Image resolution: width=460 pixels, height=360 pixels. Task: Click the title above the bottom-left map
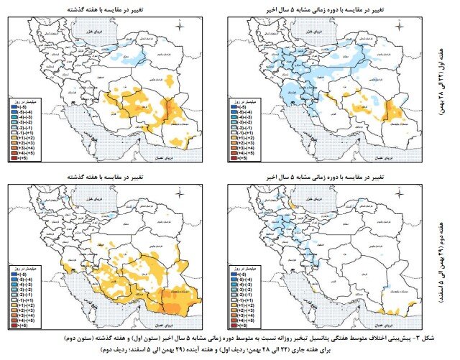(107, 175)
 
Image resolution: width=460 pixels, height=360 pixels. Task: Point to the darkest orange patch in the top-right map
(393, 109)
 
